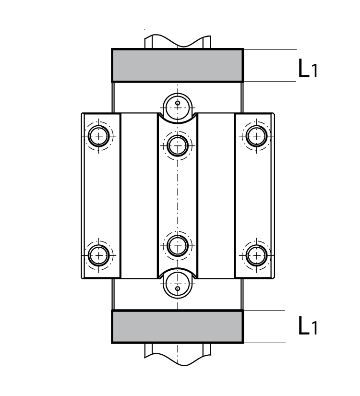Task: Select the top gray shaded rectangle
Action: point(177,65)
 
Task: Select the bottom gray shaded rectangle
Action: point(177,326)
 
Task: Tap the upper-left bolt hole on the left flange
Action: point(99,136)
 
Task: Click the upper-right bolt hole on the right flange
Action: point(255,136)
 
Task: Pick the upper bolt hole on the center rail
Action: point(178,143)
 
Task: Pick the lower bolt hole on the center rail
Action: point(178,246)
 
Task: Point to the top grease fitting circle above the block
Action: point(178,103)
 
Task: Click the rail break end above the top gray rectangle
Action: point(177,41)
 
